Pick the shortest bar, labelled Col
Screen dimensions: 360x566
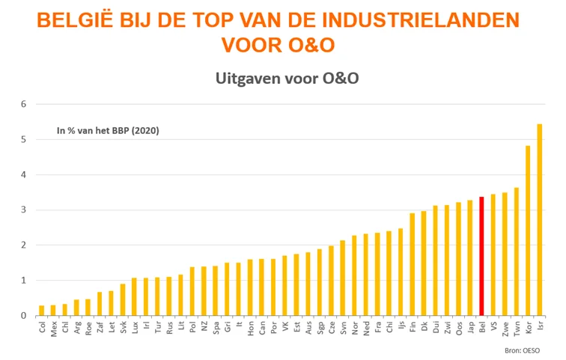pos(42,311)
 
